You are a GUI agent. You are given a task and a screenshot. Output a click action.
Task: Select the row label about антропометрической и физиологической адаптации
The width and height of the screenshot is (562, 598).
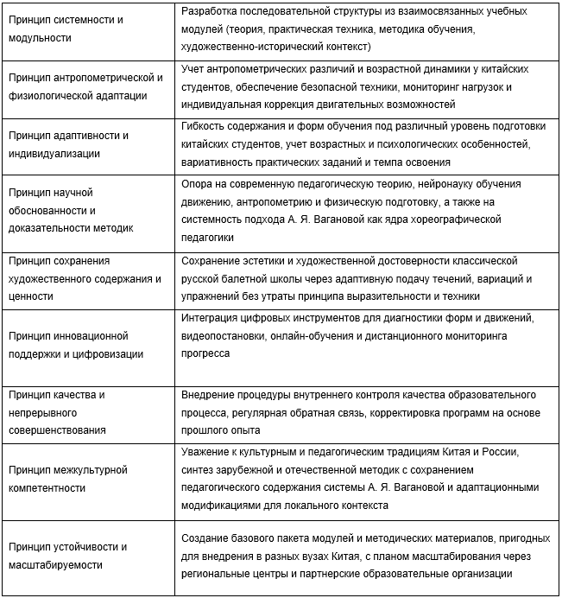tap(85, 86)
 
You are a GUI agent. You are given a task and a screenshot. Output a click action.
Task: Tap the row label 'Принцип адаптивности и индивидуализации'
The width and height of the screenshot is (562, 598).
tap(68, 144)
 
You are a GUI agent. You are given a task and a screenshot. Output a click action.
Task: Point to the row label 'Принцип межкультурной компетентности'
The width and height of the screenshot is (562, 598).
tap(68, 478)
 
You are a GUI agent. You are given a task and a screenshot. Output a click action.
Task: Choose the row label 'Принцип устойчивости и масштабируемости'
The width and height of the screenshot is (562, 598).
tap(68, 555)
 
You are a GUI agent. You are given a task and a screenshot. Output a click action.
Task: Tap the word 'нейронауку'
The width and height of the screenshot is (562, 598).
tap(409, 183)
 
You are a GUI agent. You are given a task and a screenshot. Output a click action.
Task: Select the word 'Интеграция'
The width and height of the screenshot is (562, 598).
tap(212, 317)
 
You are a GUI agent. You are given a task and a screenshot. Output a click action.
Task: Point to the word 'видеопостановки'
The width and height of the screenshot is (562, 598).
tap(224, 335)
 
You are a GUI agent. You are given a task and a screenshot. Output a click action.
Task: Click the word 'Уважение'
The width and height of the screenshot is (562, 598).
tap(206, 452)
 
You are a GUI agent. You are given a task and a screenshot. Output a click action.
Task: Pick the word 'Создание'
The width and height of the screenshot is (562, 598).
tap(207, 537)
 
